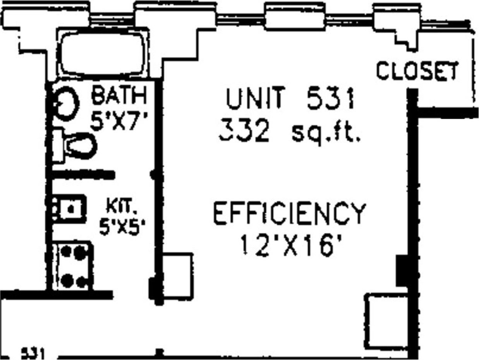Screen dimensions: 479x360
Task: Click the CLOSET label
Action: pyautogui.click(x=417, y=71)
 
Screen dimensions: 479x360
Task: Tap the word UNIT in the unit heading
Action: pyautogui.click(x=256, y=99)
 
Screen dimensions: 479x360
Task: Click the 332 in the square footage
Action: pyautogui.click(x=244, y=132)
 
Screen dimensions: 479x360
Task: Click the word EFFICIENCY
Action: pyautogui.click(x=290, y=213)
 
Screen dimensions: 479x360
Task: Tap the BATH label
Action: pyautogui.click(x=119, y=96)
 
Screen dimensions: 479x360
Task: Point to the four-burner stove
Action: pyautogui.click(x=74, y=266)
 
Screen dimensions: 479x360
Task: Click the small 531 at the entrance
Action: pyautogui.click(x=33, y=353)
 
